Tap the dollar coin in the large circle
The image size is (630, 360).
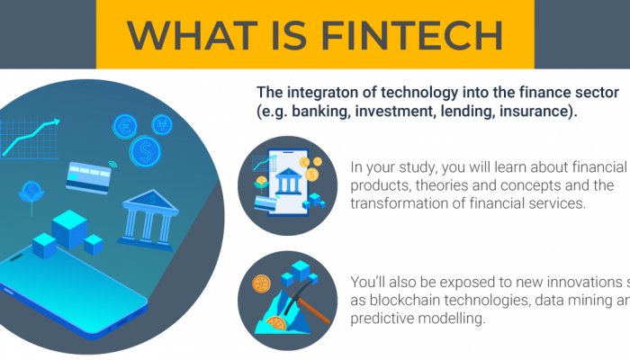pyautogui.click(x=143, y=151)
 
